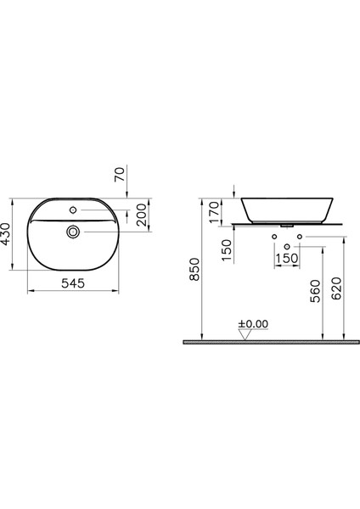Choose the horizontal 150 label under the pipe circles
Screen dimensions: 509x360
tap(287, 258)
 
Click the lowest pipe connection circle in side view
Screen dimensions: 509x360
tap(286, 245)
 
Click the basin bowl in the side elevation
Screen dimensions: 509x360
tap(286, 209)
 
